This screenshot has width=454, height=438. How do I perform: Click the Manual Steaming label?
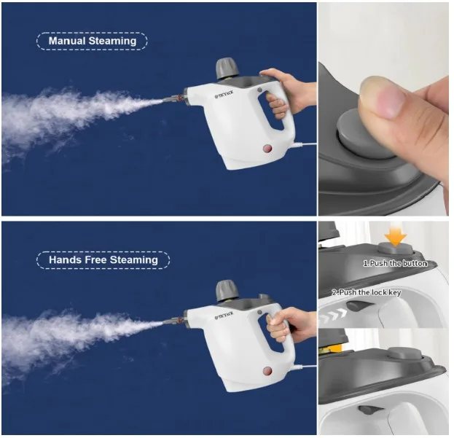tap(92, 42)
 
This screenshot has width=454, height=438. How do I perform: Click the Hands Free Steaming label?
tap(103, 259)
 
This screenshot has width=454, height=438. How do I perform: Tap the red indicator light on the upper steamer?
tap(266, 149)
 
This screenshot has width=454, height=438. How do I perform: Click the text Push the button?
tap(395, 263)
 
